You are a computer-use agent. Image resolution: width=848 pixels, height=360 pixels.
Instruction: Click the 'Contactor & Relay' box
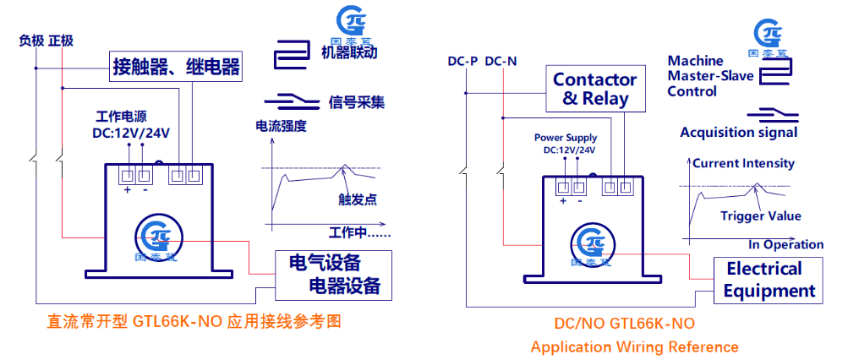(595, 90)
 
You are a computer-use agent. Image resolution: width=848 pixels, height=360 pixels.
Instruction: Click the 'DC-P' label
(462, 61)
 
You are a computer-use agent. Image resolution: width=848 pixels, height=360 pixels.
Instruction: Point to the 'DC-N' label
(501, 61)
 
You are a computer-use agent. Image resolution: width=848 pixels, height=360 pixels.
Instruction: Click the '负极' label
(31, 40)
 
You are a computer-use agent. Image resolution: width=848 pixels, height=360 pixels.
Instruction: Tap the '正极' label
(61, 40)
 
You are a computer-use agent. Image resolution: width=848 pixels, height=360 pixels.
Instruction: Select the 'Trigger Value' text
(760, 215)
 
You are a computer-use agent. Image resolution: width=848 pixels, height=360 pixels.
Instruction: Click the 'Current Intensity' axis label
(743, 163)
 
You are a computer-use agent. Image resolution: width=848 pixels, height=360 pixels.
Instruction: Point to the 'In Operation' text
(785, 244)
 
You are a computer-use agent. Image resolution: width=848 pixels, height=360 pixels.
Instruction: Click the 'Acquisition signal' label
(738, 133)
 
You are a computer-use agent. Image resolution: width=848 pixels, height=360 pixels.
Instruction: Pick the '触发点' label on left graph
(357, 199)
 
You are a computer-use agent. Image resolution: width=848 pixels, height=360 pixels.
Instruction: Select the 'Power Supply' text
(566, 138)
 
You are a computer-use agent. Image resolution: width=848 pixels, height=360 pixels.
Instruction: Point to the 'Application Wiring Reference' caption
(634, 346)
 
